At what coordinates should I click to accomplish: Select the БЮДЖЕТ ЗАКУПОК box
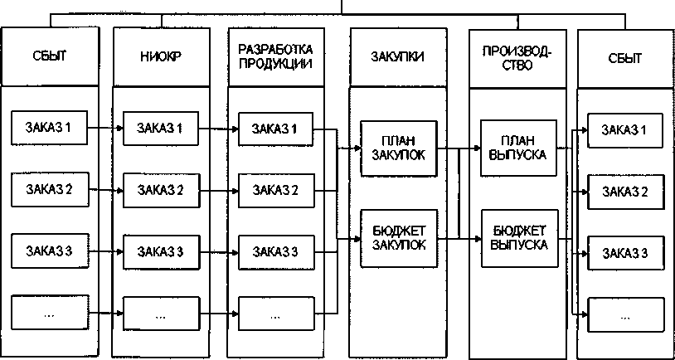pyautogui.click(x=393, y=237)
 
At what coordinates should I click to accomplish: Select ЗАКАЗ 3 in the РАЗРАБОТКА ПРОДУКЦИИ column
pyautogui.click(x=274, y=250)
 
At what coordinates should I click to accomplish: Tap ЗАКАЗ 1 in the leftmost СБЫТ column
pyautogui.click(x=50, y=129)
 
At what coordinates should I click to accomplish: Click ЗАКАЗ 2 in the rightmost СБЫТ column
pyautogui.click(x=624, y=192)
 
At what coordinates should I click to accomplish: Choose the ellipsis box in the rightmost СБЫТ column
pyautogui.click(x=624, y=315)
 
